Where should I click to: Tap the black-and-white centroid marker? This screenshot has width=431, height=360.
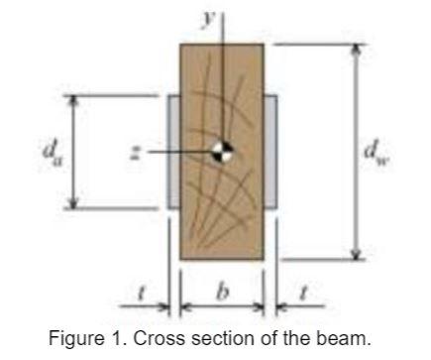click(223, 153)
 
